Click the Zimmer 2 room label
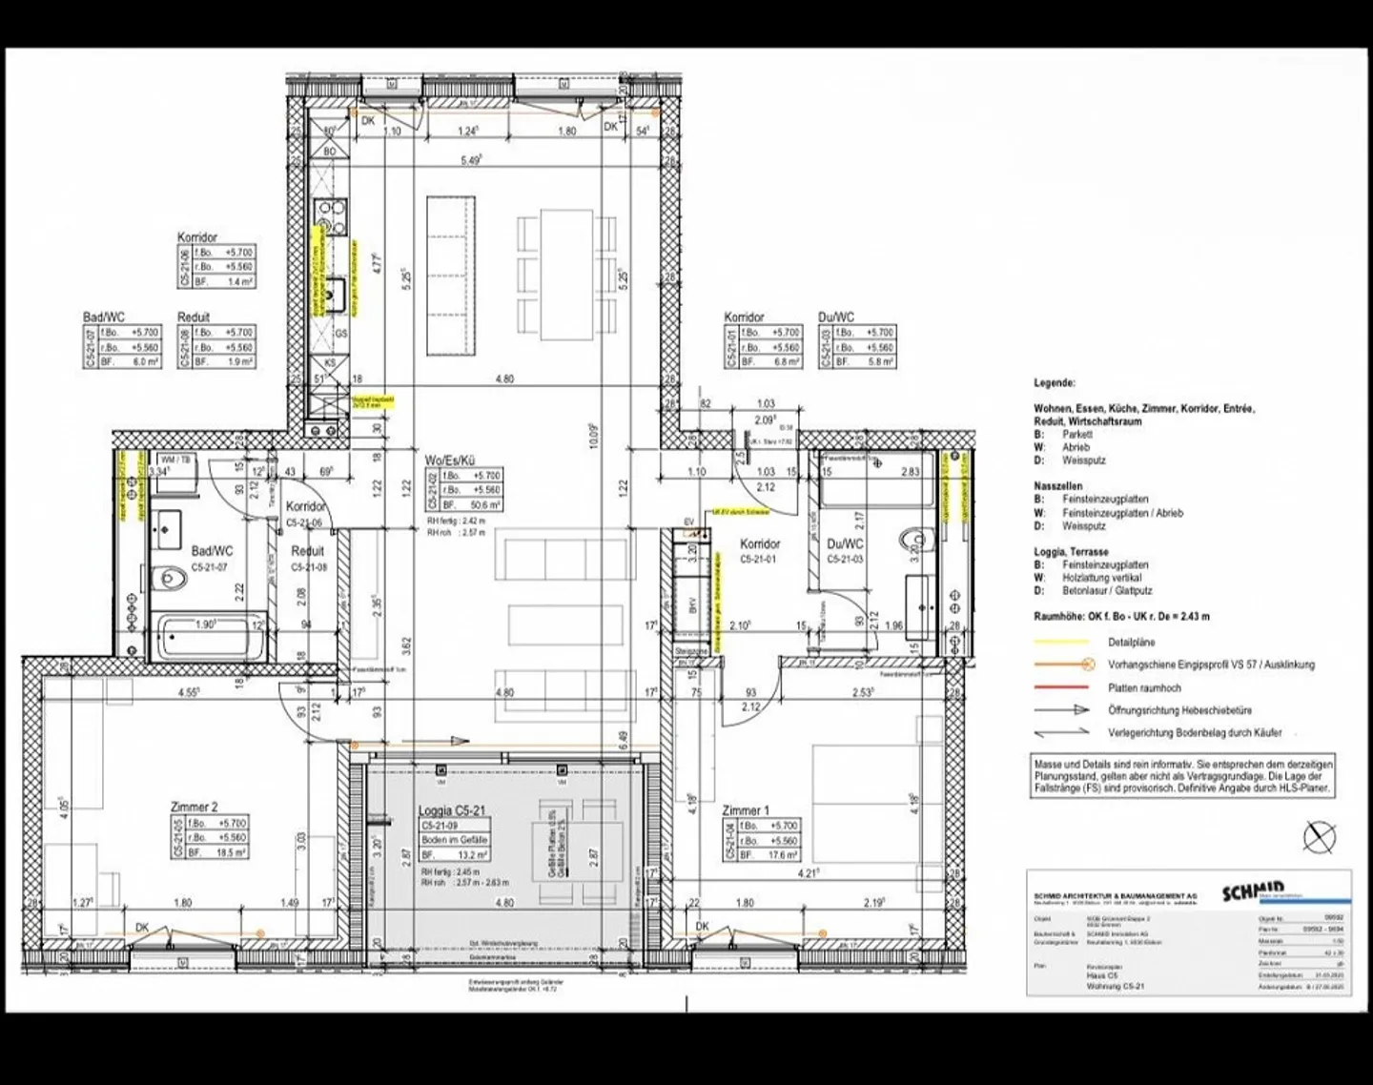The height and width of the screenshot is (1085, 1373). (195, 807)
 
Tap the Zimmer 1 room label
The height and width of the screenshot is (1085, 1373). (746, 809)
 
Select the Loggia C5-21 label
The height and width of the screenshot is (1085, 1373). (451, 810)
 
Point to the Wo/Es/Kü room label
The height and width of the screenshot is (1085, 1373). (450, 460)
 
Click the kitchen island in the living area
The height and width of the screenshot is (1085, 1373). (450, 275)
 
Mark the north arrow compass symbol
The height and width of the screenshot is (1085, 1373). (1320, 837)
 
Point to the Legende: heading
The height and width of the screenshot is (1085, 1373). (1055, 383)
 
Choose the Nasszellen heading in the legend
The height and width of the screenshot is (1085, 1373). (1058, 486)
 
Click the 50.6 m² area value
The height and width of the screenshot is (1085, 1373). (487, 504)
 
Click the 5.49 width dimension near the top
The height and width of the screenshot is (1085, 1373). (471, 161)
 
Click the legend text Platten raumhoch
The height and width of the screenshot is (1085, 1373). (1144, 687)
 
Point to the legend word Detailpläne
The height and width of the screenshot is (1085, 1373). (1131, 642)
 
